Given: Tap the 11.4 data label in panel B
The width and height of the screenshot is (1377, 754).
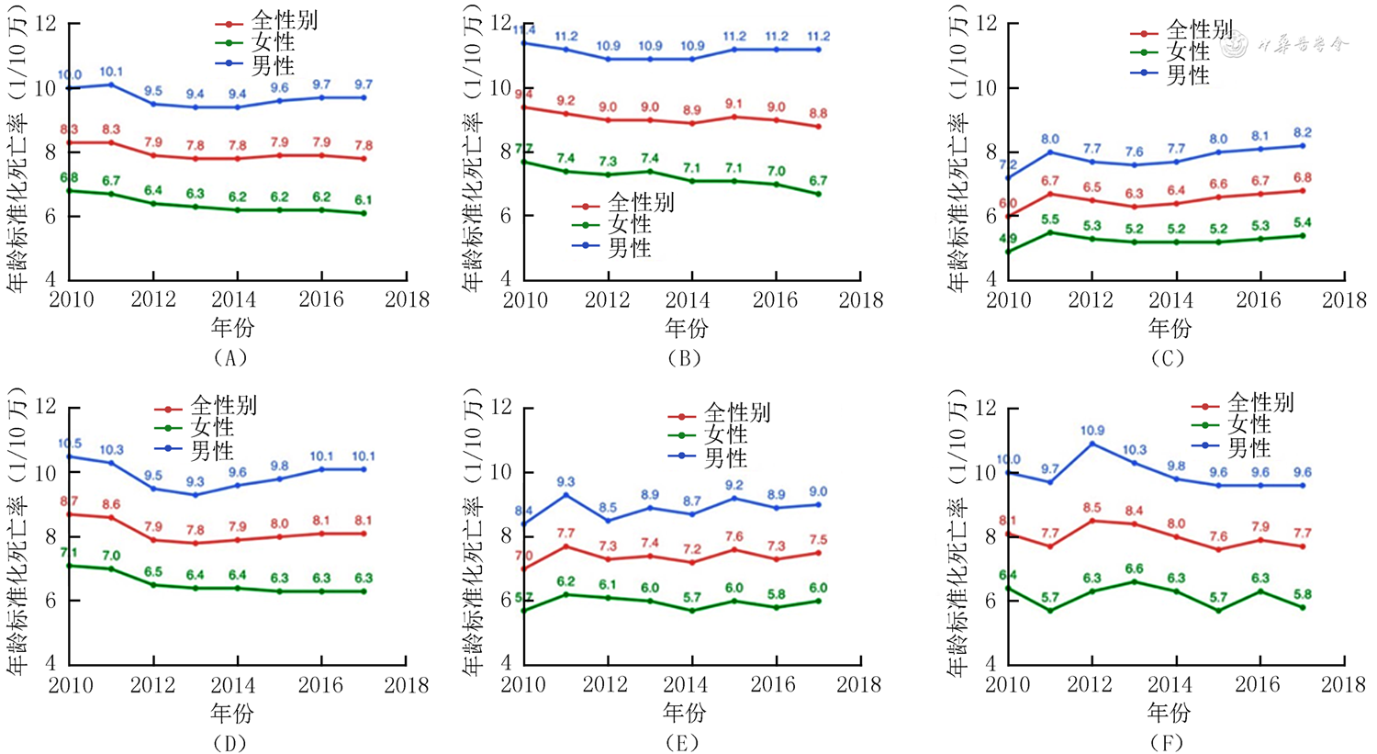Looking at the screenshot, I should (525, 30).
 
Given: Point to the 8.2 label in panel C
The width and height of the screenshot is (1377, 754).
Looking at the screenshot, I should (1302, 133).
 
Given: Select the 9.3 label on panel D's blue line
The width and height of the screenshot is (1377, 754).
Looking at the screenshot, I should (196, 482).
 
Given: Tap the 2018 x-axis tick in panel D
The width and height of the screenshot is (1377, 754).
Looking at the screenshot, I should (407, 685).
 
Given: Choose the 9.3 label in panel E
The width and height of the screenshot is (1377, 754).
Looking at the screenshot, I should (566, 482).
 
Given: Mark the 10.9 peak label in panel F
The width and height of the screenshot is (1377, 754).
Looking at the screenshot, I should (1092, 431).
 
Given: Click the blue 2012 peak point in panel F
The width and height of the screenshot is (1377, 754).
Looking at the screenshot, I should (1092, 444).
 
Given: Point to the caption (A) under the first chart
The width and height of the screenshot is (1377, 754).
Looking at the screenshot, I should (229, 358).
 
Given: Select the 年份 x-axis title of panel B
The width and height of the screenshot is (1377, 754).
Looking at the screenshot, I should (685, 328).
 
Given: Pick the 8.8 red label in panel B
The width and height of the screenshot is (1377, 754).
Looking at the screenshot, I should (818, 114).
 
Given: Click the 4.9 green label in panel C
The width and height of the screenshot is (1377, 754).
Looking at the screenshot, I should (1008, 239).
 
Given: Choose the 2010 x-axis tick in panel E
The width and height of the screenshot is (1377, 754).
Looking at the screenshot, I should (523, 685).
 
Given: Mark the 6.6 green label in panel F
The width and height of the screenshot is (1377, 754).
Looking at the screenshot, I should (1135, 568).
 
